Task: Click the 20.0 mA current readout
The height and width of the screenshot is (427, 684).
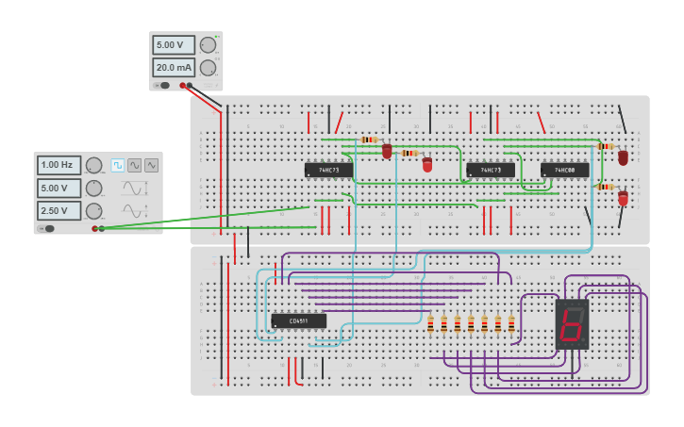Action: coord(174,68)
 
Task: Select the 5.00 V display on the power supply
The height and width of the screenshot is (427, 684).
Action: coord(174,45)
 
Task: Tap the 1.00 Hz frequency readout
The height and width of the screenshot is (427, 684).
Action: coord(58,165)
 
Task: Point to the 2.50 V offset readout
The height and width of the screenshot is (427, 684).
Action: coord(58,210)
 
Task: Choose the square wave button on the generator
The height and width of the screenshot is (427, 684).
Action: coord(118,165)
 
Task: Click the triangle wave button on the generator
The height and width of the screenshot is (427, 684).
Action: coord(135,165)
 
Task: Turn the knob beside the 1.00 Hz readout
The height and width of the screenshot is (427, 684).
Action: coord(93,165)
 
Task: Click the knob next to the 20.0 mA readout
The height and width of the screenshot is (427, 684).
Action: coord(208,68)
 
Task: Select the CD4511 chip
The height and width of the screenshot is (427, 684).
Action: coord(298,320)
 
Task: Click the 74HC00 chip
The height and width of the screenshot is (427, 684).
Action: coord(564,170)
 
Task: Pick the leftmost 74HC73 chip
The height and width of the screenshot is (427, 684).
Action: coord(328,170)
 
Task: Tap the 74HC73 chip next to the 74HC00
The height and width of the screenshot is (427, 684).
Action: coord(491,170)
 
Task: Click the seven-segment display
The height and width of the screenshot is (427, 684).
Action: coord(572,324)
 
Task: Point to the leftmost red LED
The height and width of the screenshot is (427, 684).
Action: coord(387,151)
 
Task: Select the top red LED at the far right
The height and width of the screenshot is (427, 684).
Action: coord(623,157)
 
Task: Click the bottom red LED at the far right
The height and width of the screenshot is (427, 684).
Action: coord(623,198)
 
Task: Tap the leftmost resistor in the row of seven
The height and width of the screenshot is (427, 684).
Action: coord(430,324)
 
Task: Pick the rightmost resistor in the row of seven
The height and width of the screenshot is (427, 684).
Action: coord(511,324)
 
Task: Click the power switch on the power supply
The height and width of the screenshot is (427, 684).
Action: coord(163,85)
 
